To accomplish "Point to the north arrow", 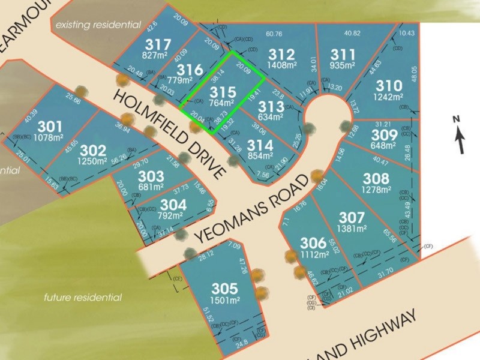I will point(459,136).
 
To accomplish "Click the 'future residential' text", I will point(83,297).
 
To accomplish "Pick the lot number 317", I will point(158,44).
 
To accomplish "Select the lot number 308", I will point(376,178).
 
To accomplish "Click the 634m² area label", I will point(272,117).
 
